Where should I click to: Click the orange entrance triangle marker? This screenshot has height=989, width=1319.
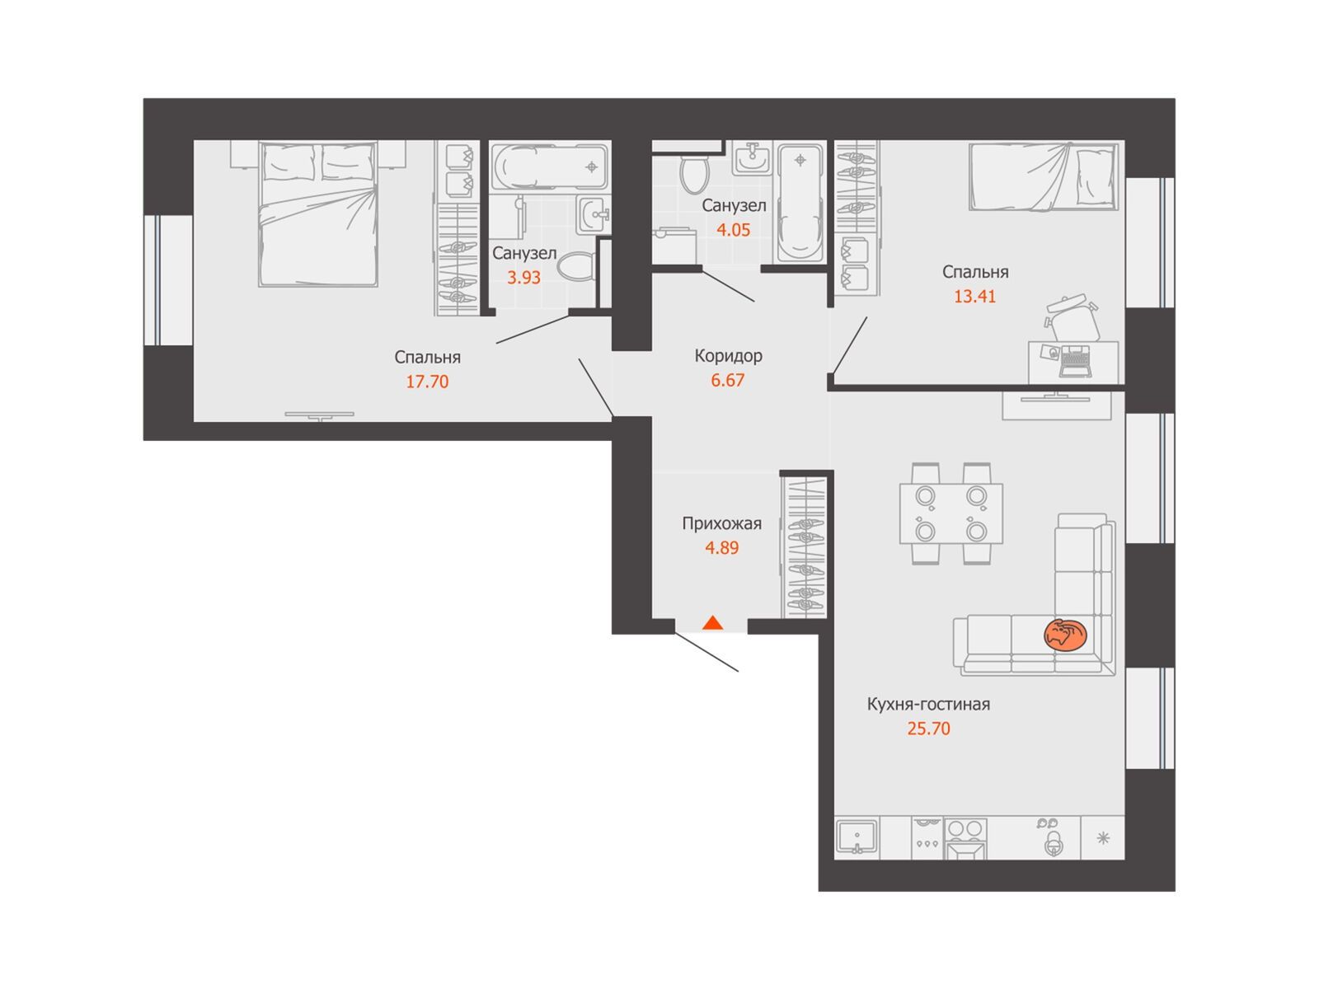[713, 623]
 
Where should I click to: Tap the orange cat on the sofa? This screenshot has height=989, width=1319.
[1065, 634]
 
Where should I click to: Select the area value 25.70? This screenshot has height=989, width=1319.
[928, 729]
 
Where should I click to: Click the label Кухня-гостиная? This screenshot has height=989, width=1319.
[928, 704]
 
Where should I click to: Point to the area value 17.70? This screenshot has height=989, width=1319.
[427, 382]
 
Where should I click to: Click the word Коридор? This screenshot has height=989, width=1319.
[728, 356]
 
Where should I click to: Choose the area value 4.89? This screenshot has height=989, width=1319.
[721, 548]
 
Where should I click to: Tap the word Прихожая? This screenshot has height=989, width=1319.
[721, 523]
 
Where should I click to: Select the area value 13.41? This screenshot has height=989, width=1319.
[974, 297]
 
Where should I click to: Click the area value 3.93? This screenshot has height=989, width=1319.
[524, 278]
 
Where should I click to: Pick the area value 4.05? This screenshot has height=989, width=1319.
[733, 230]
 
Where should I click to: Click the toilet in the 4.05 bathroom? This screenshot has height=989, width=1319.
[695, 171]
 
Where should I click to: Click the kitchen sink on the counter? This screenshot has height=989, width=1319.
[857, 837]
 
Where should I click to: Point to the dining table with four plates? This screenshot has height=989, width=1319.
[951, 513]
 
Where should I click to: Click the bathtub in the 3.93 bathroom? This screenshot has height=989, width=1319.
[549, 167]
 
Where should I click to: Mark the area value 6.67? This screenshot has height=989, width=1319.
[728, 381]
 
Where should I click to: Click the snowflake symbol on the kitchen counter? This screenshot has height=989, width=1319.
[1103, 838]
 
